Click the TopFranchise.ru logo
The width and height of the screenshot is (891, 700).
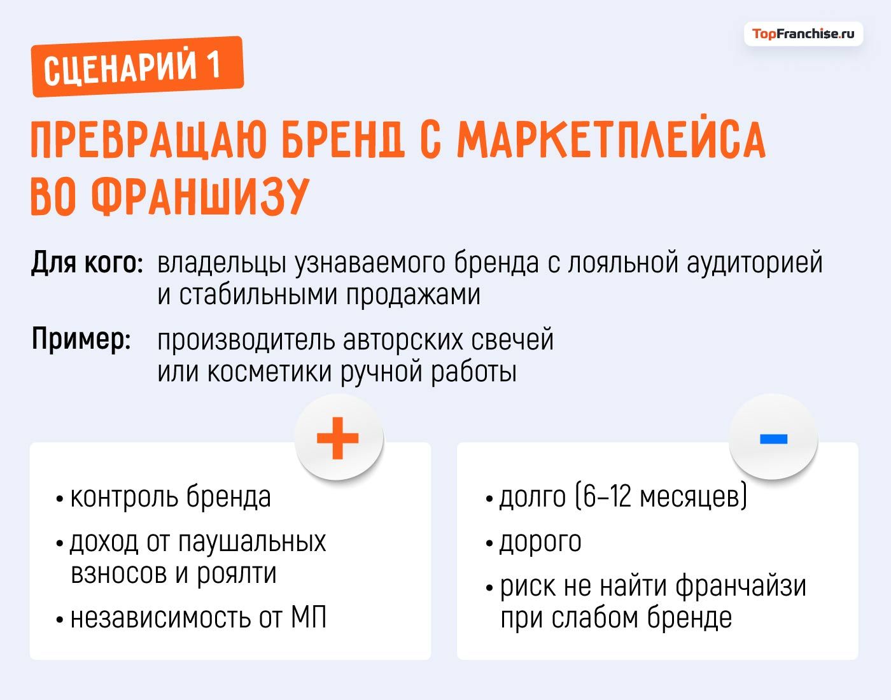tap(803, 34)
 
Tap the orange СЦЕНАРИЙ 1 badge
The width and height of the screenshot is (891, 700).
tap(137, 66)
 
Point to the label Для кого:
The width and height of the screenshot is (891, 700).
tap(87, 263)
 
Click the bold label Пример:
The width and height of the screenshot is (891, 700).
tap(81, 339)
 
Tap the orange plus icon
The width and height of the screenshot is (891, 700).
tap(338, 438)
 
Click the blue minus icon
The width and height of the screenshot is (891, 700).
tap(773, 438)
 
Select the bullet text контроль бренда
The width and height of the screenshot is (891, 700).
tap(170, 497)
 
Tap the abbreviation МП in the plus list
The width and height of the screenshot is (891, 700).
tap(309, 618)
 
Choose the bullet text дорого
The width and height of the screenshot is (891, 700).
tap(540, 542)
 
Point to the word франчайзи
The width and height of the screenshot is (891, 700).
tap(740, 586)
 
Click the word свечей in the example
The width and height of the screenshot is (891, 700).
tap(512, 339)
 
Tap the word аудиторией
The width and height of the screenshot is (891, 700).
tap(754, 263)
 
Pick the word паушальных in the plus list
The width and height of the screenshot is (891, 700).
tap(251, 542)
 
